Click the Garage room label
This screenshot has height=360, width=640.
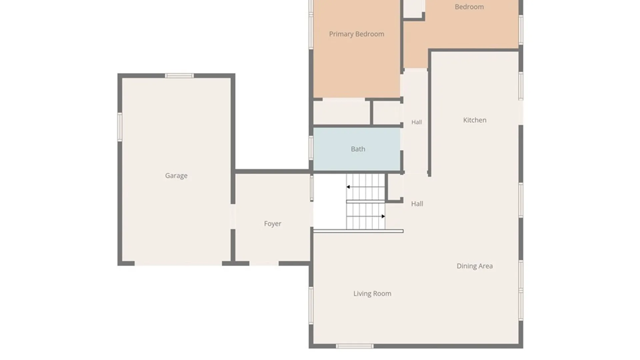click(176, 176)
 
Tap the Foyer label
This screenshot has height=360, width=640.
click(273, 224)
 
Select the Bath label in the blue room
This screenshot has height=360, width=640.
click(358, 149)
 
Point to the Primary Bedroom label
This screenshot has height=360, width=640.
click(357, 34)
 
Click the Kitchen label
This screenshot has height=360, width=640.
click(475, 120)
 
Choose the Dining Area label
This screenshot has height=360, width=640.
click(475, 266)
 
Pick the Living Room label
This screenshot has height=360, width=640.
click(372, 294)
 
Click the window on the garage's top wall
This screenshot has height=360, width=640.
click(179, 76)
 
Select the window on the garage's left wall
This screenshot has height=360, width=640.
click(120, 127)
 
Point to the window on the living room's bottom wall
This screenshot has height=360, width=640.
click(355, 346)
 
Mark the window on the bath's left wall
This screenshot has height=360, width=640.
click(311, 148)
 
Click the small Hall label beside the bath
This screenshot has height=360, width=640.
click(417, 122)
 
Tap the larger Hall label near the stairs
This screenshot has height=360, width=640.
click(417, 204)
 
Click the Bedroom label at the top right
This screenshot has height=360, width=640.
click(469, 7)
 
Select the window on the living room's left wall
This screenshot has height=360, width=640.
click(311, 305)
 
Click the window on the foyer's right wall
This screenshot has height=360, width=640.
click(312, 188)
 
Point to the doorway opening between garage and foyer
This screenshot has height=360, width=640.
click(233, 216)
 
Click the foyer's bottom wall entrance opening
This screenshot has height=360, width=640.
click(264, 263)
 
